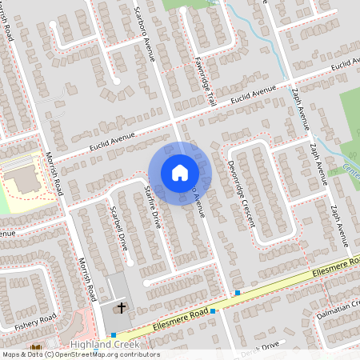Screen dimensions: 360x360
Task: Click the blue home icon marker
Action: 179,173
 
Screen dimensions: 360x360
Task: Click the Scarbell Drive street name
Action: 118,231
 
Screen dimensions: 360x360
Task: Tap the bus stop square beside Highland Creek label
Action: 114,334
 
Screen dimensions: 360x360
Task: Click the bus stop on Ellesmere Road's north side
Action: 238,293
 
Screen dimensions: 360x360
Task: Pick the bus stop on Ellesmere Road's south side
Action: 213,310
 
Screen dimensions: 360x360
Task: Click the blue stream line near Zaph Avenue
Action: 256,32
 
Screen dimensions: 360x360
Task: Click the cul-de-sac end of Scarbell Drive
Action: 128,262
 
